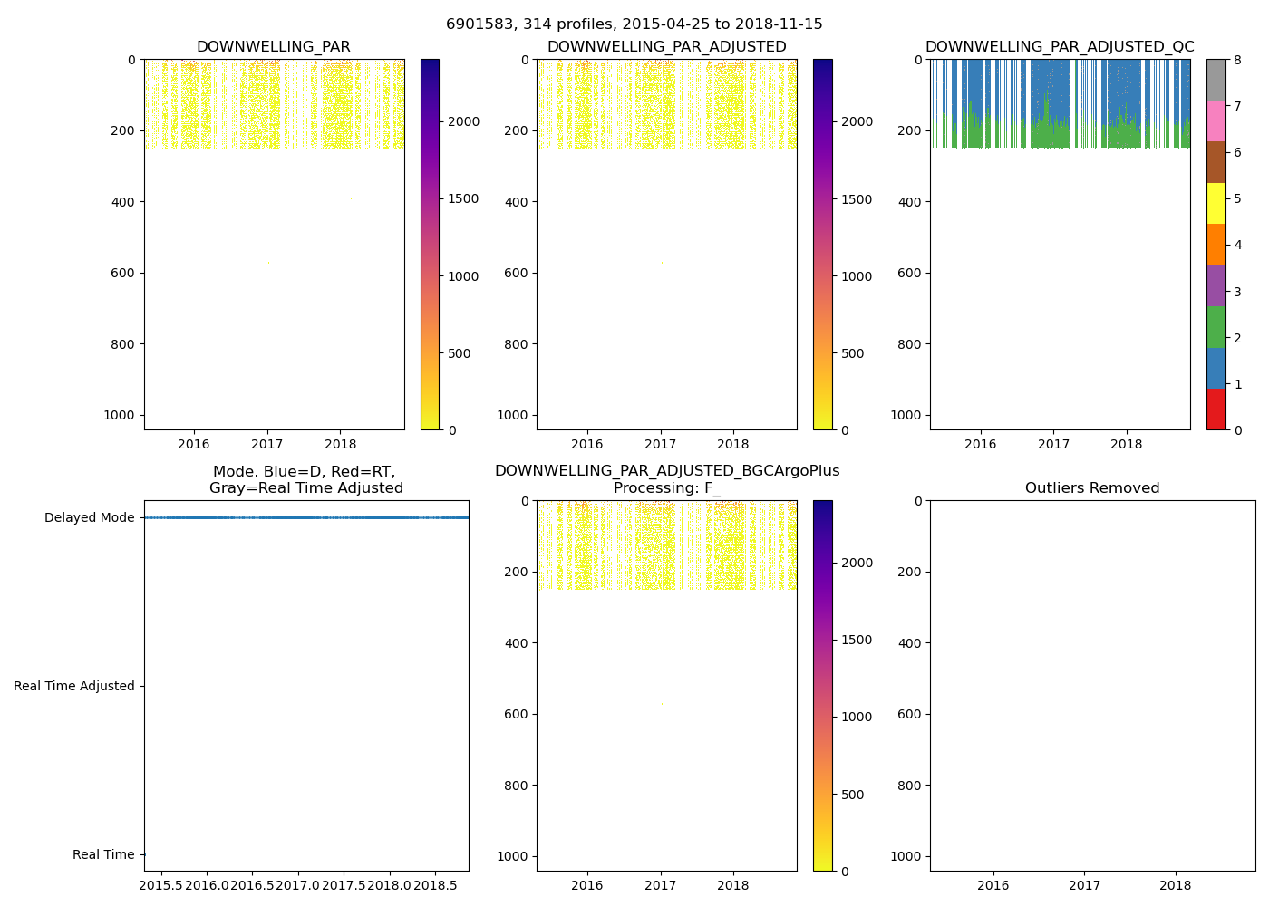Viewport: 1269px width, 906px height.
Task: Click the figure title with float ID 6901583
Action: click(x=634, y=24)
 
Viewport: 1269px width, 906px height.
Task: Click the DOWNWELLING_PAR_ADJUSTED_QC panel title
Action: click(x=1060, y=47)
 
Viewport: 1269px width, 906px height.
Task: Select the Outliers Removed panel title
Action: click(x=1092, y=488)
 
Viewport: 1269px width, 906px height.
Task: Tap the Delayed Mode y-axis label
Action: click(x=89, y=518)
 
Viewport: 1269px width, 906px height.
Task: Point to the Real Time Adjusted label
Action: click(x=74, y=687)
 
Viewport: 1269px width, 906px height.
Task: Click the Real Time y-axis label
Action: click(x=103, y=855)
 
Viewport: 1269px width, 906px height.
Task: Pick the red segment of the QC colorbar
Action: click(x=1216, y=409)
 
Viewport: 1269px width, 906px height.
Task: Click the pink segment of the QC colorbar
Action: click(x=1216, y=120)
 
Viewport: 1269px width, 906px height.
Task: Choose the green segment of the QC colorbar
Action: click(x=1216, y=326)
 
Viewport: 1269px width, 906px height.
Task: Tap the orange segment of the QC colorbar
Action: click(x=1216, y=245)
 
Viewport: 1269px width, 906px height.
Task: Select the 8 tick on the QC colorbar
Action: click(x=1237, y=61)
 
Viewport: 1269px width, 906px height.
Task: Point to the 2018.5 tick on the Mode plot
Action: click(x=437, y=884)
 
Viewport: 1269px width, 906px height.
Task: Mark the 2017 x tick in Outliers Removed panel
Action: click(x=1084, y=884)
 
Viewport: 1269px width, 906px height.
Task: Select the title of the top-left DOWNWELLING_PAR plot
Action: click(x=274, y=47)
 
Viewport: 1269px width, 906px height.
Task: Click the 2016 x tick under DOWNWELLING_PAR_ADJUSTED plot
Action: click(x=587, y=443)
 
